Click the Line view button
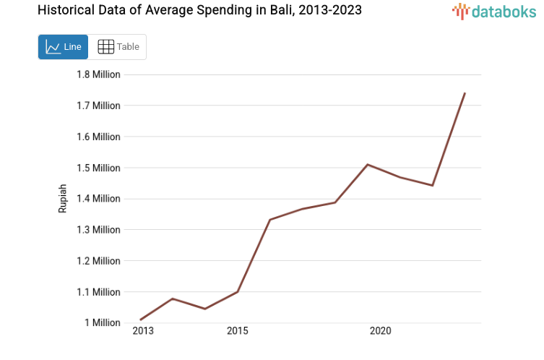point(63,47)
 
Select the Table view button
point(118,47)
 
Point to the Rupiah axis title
point(63,198)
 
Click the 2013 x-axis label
point(142,331)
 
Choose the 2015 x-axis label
point(237,331)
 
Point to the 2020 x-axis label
point(380,331)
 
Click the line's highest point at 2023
point(465,93)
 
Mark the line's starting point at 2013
point(141,320)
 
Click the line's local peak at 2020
point(368,165)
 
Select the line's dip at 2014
point(205,309)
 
